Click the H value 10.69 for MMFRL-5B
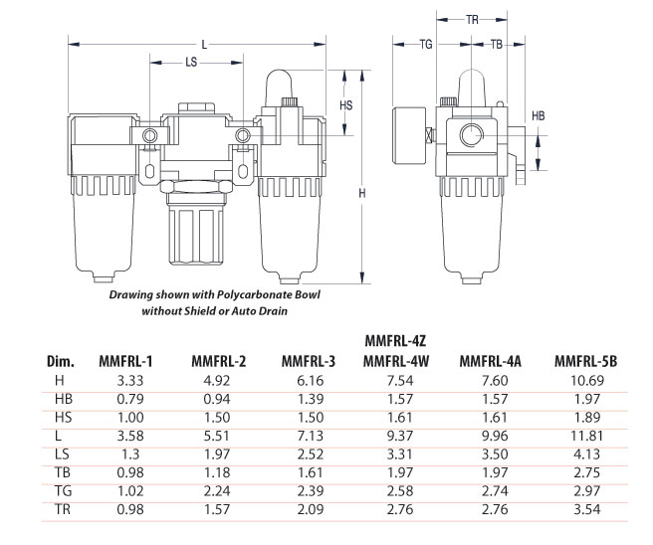586,380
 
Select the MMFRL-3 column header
309,361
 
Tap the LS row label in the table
62,454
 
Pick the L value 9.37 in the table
400,436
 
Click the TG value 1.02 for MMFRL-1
130,491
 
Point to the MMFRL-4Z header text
395,341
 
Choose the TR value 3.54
586,509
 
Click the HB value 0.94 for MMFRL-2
217,399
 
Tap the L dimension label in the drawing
204,45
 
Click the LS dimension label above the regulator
191,63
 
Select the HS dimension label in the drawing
346,105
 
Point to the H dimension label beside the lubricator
362,193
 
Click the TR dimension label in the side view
472,20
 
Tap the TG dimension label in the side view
426,44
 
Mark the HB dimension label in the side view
539,115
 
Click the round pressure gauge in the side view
409,135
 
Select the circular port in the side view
472,135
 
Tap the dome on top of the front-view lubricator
279,88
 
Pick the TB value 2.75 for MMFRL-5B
586,472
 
